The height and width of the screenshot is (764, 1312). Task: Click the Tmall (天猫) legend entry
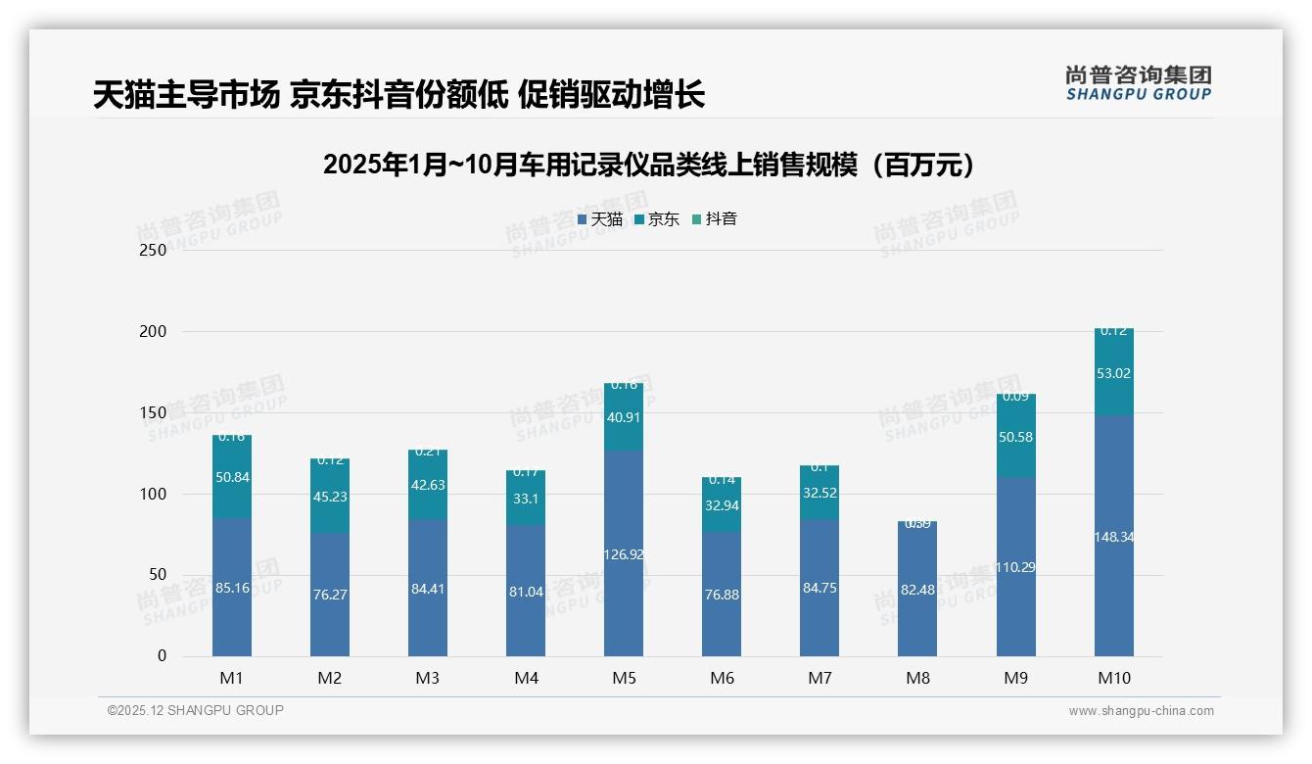click(600, 219)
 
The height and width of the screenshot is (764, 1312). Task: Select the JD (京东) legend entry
click(657, 219)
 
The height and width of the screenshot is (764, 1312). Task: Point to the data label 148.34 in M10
click(1114, 537)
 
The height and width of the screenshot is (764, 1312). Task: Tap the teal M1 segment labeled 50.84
click(232, 477)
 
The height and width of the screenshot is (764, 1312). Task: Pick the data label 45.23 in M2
click(330, 497)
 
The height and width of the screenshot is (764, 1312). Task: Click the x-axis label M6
click(722, 678)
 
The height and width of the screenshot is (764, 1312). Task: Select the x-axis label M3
click(428, 678)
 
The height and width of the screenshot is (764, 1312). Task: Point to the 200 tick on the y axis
click(153, 331)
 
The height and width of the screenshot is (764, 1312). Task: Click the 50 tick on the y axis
click(157, 575)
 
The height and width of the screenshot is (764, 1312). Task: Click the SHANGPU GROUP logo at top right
click(1138, 83)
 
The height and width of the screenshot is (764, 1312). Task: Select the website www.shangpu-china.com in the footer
click(1141, 711)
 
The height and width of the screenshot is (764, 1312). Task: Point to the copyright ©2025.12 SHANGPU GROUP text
click(196, 710)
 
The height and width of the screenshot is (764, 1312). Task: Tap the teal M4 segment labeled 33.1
click(526, 498)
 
